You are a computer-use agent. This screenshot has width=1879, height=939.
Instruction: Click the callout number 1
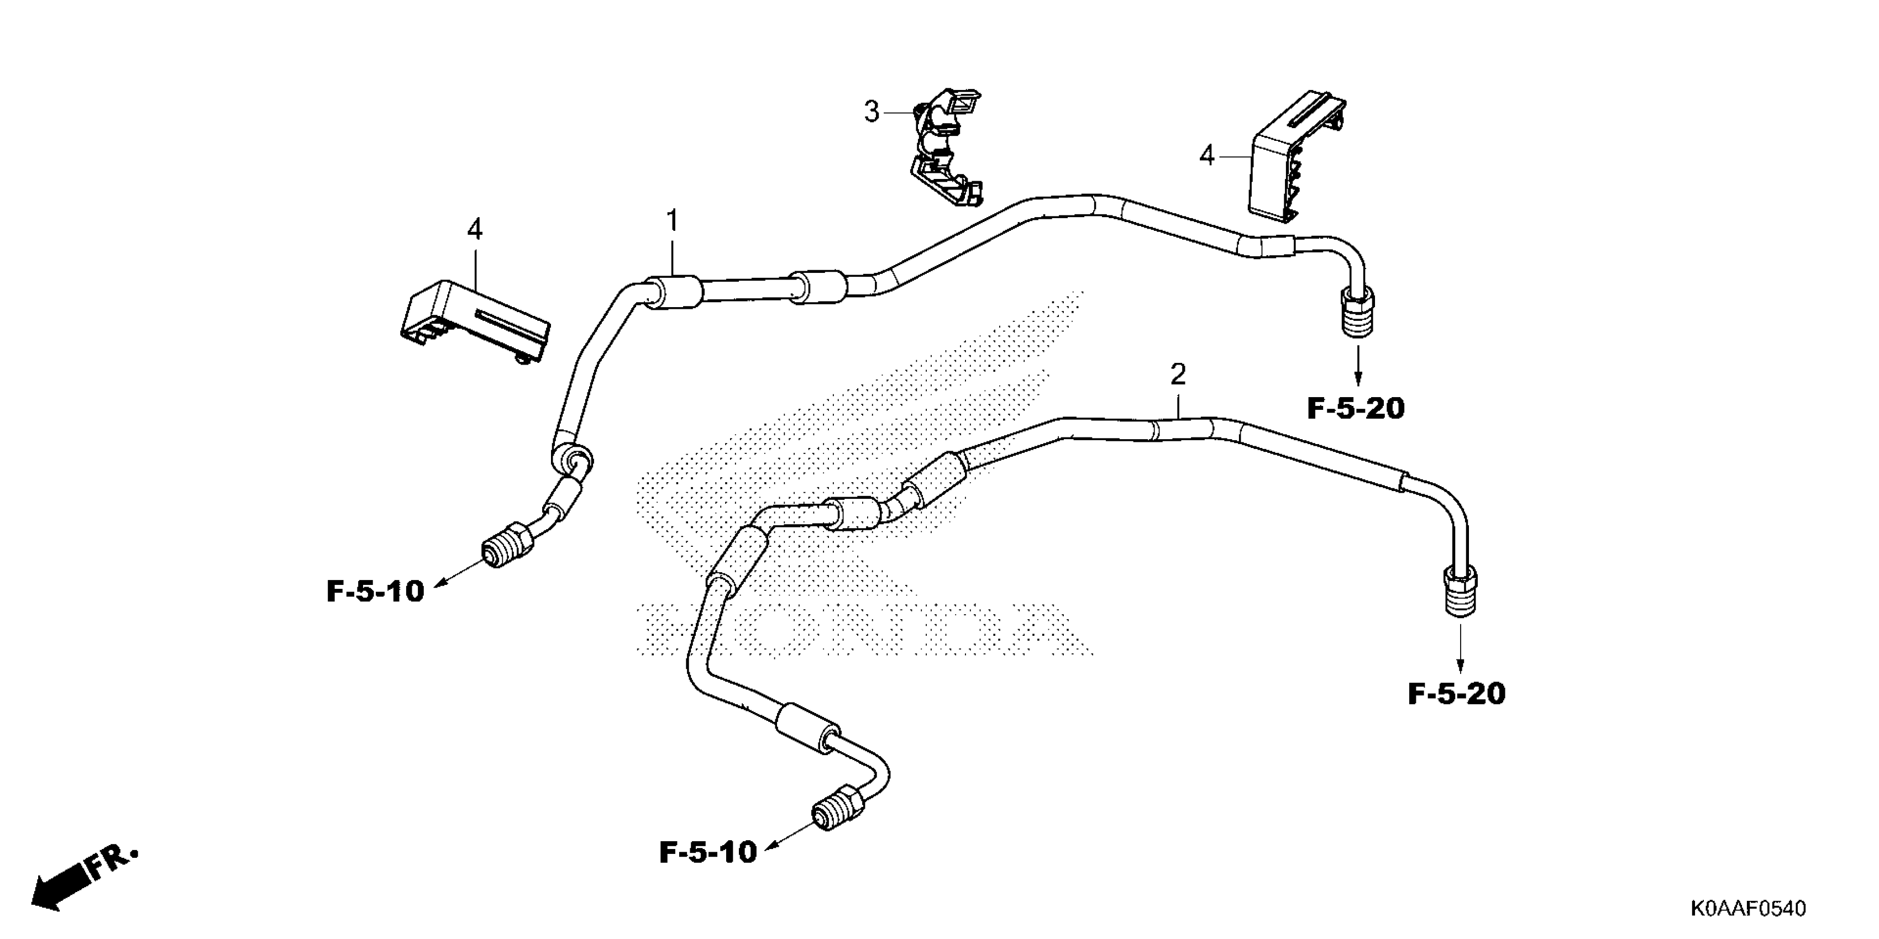click(672, 220)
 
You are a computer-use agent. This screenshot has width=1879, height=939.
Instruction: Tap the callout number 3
click(872, 112)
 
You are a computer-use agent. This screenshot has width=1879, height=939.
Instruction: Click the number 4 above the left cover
click(475, 230)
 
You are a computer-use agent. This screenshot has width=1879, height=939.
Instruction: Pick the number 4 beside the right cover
click(1207, 155)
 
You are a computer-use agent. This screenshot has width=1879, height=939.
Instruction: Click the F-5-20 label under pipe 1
click(1355, 409)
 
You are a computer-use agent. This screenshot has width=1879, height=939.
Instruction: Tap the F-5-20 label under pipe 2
click(1456, 693)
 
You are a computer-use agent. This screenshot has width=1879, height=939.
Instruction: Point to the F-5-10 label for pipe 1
click(375, 591)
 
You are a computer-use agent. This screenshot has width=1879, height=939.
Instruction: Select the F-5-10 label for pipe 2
click(707, 852)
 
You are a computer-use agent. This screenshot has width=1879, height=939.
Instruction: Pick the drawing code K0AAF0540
click(1747, 909)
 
